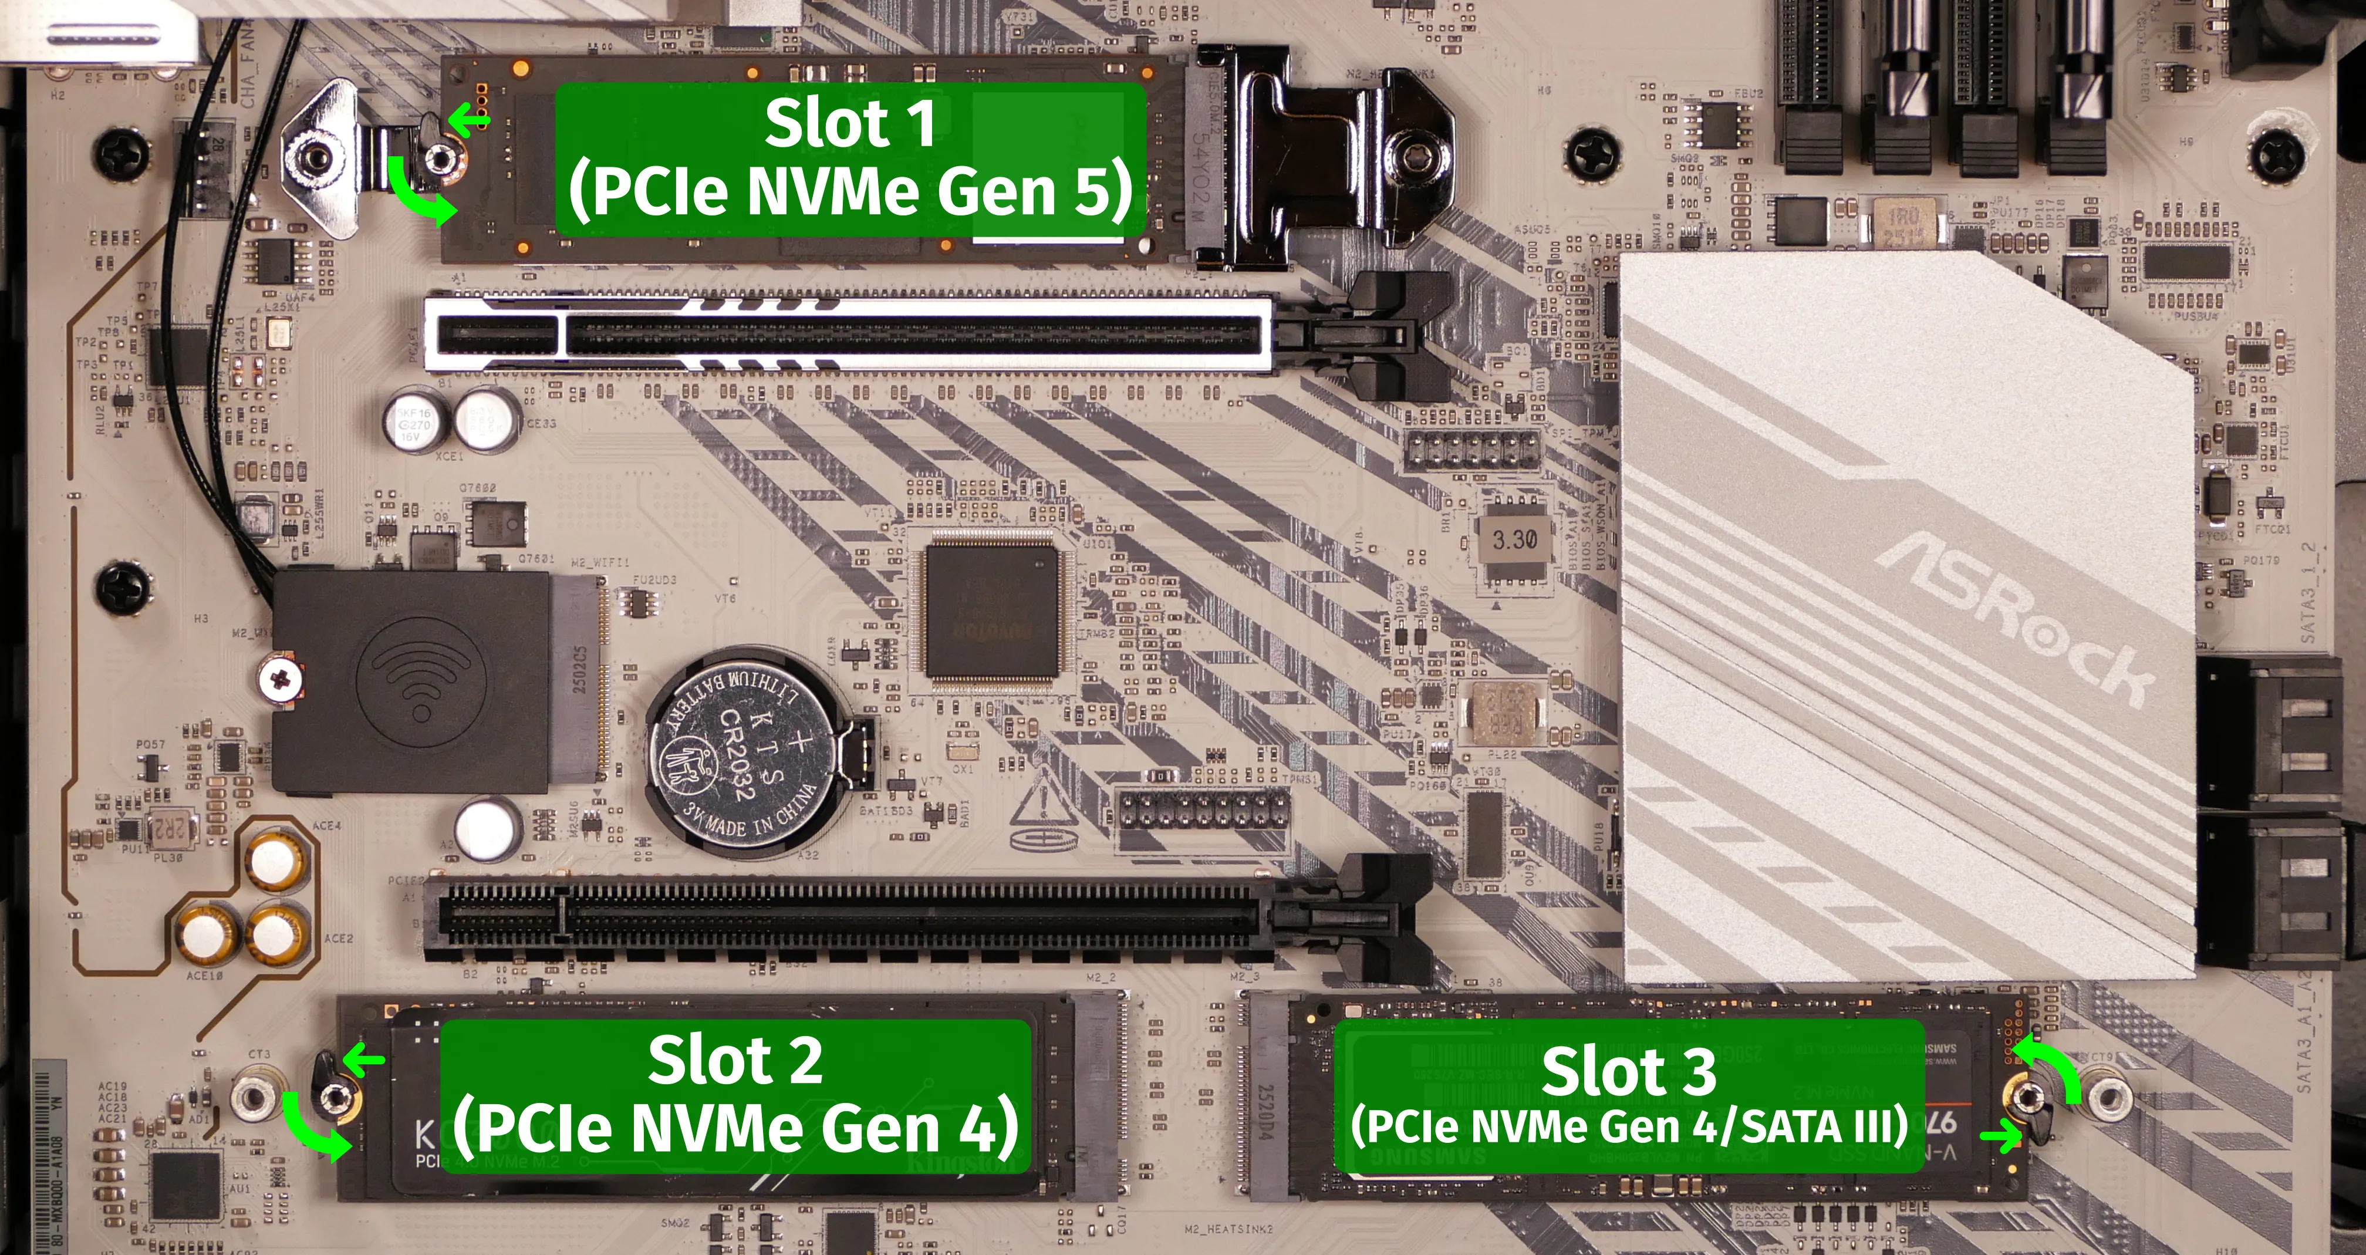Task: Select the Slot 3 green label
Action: [x=1628, y=1095]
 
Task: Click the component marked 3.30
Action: [x=1514, y=540]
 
